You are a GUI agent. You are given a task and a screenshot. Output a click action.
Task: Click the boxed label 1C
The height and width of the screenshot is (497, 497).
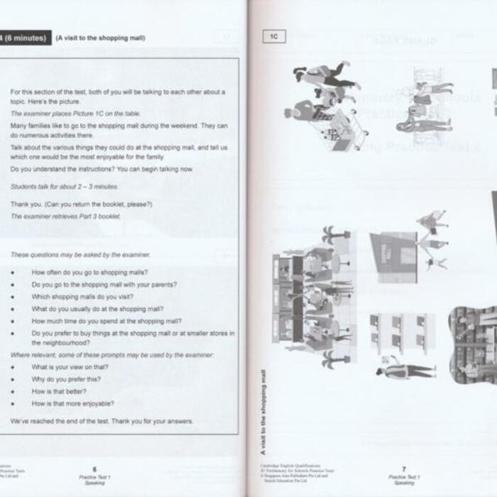(x=273, y=37)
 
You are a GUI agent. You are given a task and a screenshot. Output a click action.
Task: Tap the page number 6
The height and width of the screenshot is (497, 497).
(x=94, y=469)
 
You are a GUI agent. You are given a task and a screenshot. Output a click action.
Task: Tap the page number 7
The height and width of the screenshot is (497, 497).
(x=403, y=469)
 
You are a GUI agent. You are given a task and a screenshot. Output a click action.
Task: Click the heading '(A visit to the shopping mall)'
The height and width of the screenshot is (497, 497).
(x=100, y=38)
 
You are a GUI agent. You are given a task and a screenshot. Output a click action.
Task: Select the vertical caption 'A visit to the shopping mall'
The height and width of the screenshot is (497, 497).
(x=263, y=412)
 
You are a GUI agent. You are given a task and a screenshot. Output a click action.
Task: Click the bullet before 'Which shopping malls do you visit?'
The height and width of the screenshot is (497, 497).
(x=13, y=297)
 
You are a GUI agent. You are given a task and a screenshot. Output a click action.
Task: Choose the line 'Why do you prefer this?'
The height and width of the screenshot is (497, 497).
(x=66, y=379)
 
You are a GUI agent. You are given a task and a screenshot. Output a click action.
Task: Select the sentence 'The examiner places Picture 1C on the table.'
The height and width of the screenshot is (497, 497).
(x=75, y=114)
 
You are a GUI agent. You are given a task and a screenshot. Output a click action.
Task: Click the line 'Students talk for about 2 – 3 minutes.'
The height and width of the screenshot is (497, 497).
(x=64, y=186)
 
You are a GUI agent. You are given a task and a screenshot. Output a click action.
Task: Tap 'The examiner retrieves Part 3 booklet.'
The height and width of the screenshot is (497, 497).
(x=65, y=216)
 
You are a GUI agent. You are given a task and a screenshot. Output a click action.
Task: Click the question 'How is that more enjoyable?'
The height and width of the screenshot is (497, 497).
(x=72, y=403)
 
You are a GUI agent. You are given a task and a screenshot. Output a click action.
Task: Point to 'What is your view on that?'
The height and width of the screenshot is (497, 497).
(x=70, y=367)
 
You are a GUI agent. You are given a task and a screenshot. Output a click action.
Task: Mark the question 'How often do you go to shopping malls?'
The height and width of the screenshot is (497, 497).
(x=89, y=272)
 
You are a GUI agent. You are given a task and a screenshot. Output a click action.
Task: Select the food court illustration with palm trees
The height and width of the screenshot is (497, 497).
(x=312, y=298)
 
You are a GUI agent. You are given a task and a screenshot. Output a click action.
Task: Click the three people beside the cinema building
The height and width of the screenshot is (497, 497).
(x=432, y=239)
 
